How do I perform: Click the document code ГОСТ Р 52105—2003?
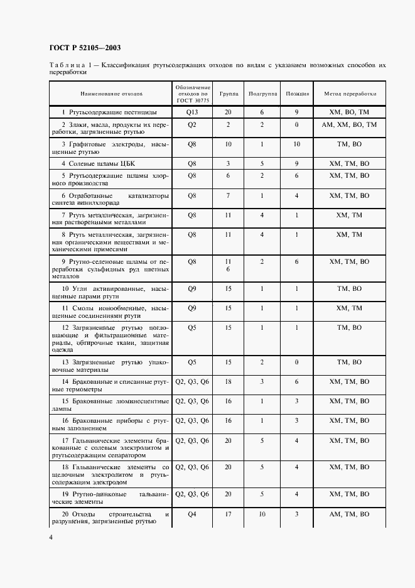85,48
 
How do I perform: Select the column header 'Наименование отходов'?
111,94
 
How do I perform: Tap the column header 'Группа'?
229,94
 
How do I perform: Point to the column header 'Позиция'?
297,94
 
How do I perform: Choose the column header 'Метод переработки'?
350,94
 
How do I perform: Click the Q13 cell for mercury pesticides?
192,112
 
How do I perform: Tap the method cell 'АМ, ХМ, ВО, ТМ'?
349,125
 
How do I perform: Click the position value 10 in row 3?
297,144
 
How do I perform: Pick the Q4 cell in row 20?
192,514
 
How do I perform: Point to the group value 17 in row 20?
229,514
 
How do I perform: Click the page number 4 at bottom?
51,538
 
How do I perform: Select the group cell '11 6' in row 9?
229,265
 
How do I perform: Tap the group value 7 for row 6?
229,195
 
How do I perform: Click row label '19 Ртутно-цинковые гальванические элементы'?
110,498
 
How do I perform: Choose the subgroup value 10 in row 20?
262,514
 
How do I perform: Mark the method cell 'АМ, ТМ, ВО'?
350,514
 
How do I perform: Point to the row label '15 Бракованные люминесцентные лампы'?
110,405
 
